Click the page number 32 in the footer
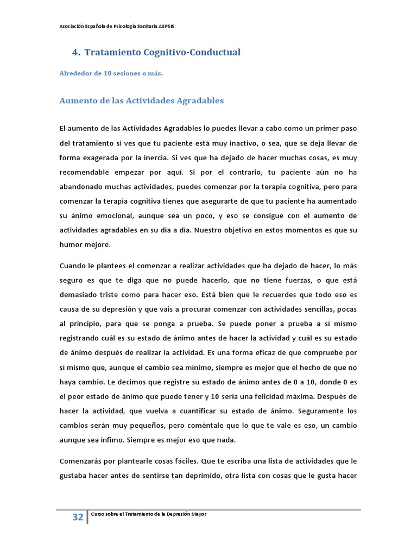(x=78, y=517)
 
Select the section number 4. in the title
(x=76, y=52)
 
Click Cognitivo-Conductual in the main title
(x=192, y=52)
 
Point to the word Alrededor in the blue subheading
(x=75, y=74)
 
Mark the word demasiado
(x=80, y=295)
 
